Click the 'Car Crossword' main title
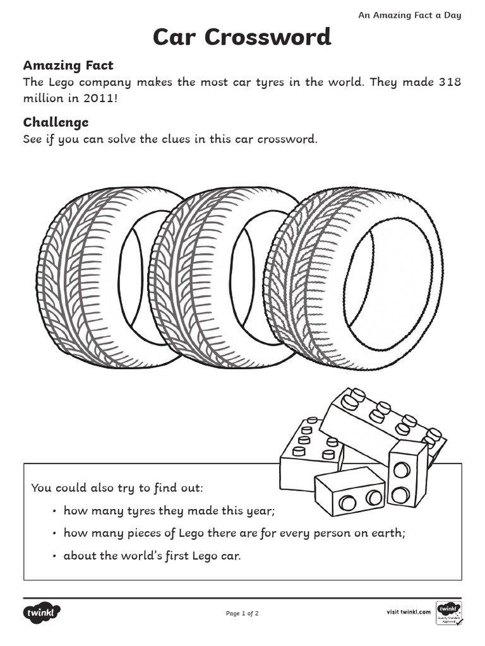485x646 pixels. [x=242, y=37]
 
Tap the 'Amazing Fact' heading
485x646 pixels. [x=68, y=66]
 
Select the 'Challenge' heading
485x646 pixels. [x=56, y=122]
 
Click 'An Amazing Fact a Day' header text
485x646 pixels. [x=409, y=15]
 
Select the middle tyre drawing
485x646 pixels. [x=189, y=278]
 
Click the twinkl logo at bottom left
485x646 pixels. [x=42, y=612]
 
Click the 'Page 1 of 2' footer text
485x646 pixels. [x=242, y=613]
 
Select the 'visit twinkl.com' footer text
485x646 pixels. [x=408, y=612]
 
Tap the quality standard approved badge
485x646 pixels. [x=449, y=613]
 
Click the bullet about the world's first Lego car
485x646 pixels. [x=152, y=556]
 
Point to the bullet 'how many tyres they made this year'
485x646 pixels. [x=169, y=510]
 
